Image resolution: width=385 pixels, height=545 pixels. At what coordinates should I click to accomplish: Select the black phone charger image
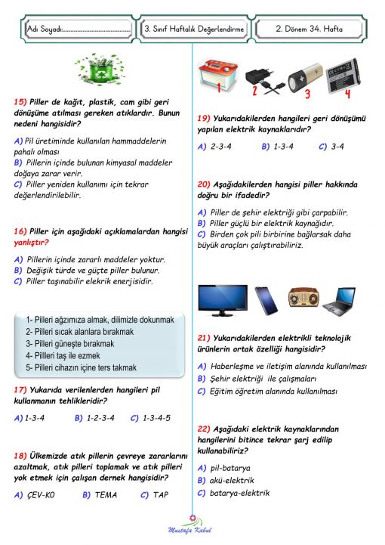261,79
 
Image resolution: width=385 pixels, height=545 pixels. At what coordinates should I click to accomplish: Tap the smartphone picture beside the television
263,300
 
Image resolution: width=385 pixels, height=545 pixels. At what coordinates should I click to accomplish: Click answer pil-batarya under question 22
230,467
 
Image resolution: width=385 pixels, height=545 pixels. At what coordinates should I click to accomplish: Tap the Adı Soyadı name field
75,29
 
